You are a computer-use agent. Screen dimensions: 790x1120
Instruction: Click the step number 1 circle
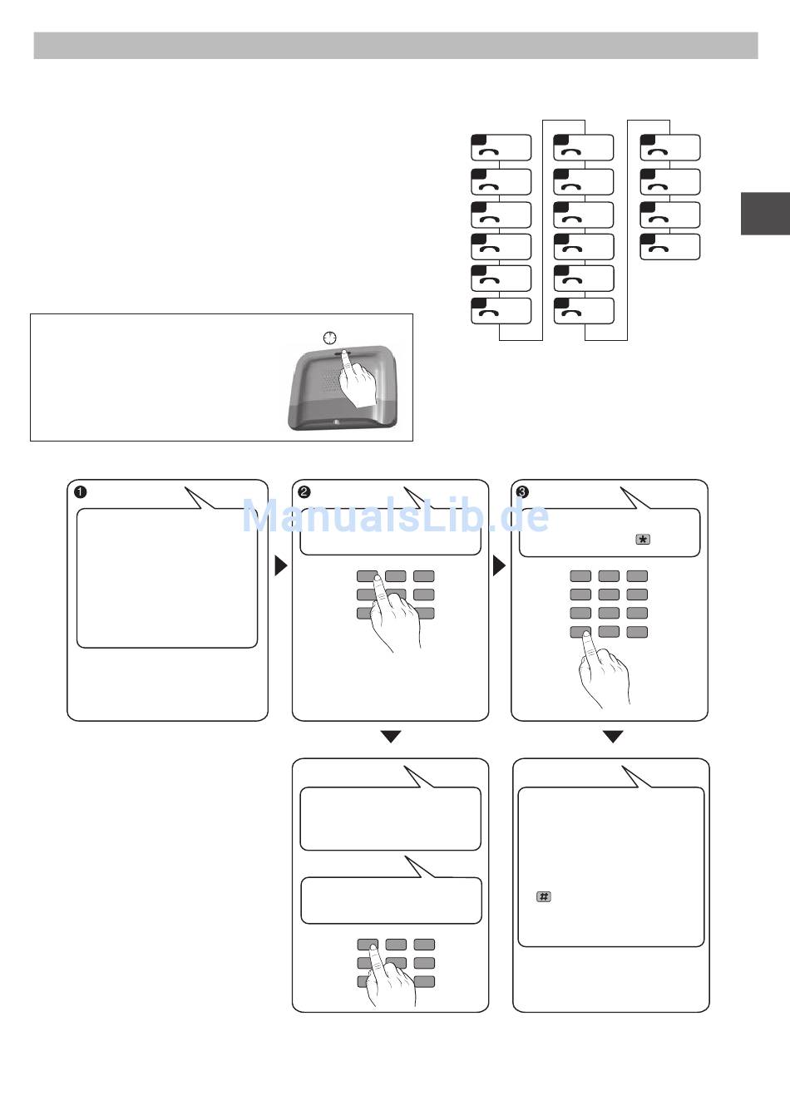click(x=81, y=491)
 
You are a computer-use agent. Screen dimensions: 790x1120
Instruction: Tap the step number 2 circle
click(x=304, y=491)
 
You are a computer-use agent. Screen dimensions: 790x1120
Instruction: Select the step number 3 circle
click(x=522, y=491)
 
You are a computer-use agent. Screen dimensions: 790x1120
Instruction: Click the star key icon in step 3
click(x=642, y=540)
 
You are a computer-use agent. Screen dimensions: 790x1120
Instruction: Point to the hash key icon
click(x=544, y=896)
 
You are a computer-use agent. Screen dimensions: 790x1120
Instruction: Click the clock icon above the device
click(x=330, y=338)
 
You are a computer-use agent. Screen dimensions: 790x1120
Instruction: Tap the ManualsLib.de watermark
click(x=395, y=516)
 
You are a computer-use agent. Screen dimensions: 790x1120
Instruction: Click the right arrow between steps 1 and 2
click(x=280, y=565)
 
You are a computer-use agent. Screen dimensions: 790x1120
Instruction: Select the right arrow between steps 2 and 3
click(x=499, y=565)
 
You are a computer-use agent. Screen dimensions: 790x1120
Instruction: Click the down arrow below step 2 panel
click(x=391, y=737)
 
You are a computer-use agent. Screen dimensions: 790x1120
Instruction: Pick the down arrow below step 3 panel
click(x=613, y=737)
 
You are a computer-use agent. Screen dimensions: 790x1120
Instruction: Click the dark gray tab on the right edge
click(x=765, y=214)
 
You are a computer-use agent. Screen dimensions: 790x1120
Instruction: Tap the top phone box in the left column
click(x=501, y=147)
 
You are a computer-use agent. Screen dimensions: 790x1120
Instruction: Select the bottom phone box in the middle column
click(x=584, y=310)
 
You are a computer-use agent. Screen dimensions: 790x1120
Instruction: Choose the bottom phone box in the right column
click(x=670, y=247)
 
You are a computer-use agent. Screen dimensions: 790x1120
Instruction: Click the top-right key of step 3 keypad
click(x=637, y=575)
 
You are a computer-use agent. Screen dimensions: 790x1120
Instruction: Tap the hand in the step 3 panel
click(x=601, y=669)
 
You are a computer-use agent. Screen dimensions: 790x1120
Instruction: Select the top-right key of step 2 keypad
click(x=424, y=575)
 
